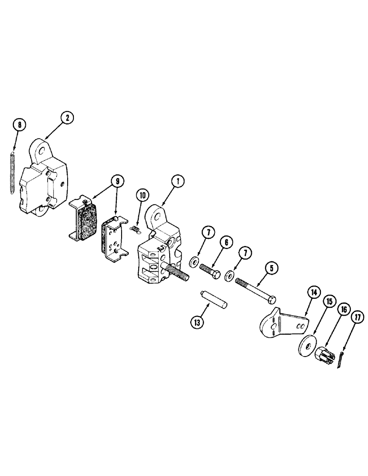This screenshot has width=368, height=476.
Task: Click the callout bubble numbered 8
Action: coord(19,126)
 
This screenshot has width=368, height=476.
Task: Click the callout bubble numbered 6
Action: coord(225,242)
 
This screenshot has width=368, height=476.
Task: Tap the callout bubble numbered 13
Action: coord(197,322)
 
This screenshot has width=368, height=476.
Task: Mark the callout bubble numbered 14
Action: coord(313,294)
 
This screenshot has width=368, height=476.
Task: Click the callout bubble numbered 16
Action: coord(342,310)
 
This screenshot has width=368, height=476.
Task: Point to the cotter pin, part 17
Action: coord(344,360)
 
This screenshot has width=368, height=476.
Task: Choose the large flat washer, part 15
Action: coord(305,346)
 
